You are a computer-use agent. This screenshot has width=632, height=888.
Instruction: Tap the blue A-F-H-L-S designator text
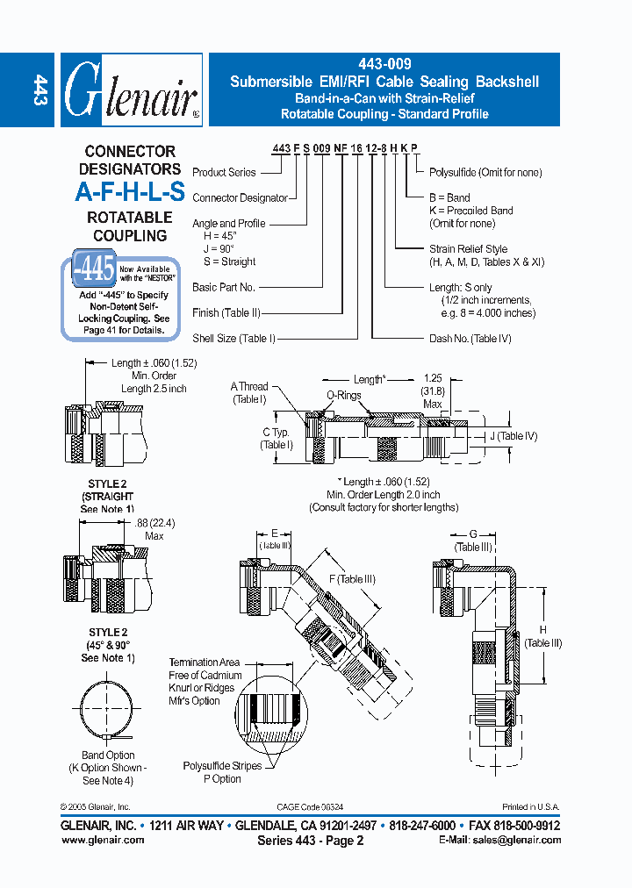[x=129, y=193]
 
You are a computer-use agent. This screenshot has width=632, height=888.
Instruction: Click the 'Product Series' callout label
[x=224, y=172]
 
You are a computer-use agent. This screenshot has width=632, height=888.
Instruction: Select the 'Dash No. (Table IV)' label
[x=470, y=338]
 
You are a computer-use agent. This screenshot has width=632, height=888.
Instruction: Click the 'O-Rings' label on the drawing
[x=344, y=396]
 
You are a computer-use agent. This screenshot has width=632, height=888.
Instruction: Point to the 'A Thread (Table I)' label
[x=249, y=392]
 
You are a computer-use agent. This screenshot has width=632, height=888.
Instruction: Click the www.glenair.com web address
[x=103, y=840]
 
